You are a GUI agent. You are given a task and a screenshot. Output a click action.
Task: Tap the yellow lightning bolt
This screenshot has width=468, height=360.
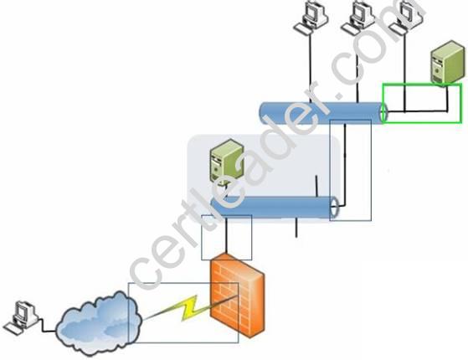(191, 307)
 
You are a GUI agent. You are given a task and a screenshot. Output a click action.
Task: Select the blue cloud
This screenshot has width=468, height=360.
(99, 324)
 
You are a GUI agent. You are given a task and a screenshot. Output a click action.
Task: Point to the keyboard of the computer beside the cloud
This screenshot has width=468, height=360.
(13, 328)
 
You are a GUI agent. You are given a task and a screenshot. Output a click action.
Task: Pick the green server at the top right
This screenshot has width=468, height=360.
(447, 62)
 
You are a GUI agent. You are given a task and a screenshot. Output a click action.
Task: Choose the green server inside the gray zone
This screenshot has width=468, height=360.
(227, 162)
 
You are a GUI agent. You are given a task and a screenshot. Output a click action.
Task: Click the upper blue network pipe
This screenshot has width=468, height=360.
(323, 113)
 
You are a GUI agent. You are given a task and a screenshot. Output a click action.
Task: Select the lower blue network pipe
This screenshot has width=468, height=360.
(275, 207)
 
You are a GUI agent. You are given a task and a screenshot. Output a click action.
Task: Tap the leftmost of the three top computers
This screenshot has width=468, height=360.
(310, 17)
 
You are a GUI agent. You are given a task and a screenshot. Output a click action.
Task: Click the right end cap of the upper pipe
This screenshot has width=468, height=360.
(383, 113)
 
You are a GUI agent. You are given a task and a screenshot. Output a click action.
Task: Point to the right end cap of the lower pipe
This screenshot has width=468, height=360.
(335, 207)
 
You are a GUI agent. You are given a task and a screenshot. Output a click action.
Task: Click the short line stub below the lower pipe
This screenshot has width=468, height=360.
(296, 228)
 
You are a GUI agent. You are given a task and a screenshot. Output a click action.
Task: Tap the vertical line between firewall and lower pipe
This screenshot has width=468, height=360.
(226, 236)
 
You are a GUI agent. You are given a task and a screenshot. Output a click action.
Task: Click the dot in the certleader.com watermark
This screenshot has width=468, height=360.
(340, 95)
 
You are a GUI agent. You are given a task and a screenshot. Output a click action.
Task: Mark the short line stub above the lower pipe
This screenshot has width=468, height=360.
(316, 186)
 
